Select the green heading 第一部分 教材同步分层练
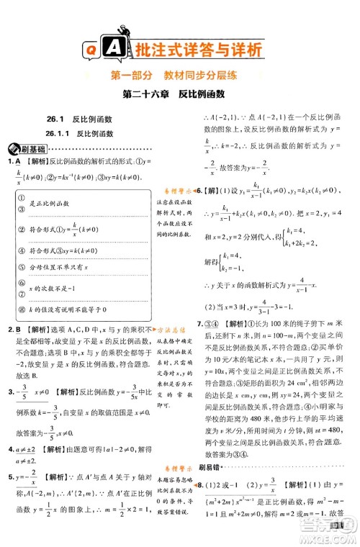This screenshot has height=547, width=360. coord(180,76)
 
